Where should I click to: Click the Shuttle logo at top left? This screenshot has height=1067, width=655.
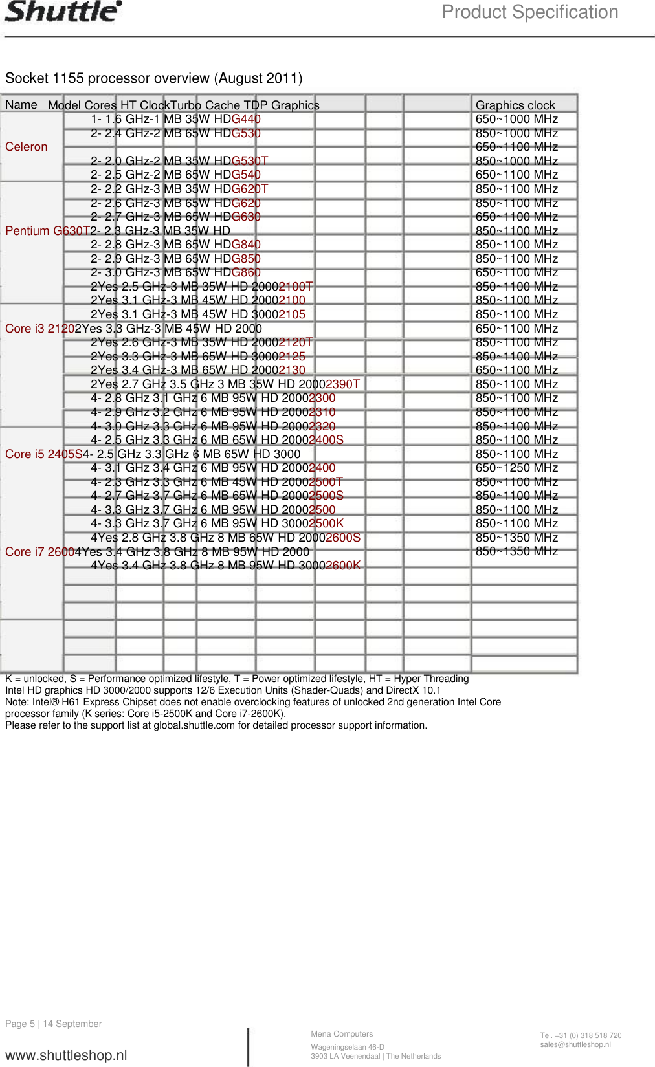point(63,12)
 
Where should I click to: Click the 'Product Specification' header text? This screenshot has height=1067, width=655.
point(529,12)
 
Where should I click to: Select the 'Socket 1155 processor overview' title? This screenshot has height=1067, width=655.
point(153,78)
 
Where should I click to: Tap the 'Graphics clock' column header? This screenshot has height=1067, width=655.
point(515,105)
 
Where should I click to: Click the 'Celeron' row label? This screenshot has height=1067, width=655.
point(27,147)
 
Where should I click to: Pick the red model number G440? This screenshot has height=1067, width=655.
point(246,119)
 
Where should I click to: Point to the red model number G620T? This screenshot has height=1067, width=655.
point(249,189)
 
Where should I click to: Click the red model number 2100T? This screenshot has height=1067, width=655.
point(295,287)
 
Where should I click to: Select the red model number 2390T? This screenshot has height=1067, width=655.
point(343,384)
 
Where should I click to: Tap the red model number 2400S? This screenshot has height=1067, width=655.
point(326,440)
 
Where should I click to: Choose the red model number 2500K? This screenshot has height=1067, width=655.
point(326,523)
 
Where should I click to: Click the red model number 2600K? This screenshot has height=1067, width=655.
point(343,566)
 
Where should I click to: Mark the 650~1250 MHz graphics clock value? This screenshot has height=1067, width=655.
point(516,468)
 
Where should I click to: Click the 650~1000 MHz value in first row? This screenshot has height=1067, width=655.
point(516,119)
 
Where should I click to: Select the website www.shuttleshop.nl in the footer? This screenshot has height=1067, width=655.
point(66,1055)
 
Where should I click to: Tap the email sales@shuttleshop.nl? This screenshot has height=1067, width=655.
point(575,1044)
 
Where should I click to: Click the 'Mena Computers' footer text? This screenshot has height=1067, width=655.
point(342,1034)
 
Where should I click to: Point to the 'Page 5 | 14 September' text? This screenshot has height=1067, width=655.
point(54,1024)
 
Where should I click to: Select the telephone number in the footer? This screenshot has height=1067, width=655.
point(581,1035)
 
